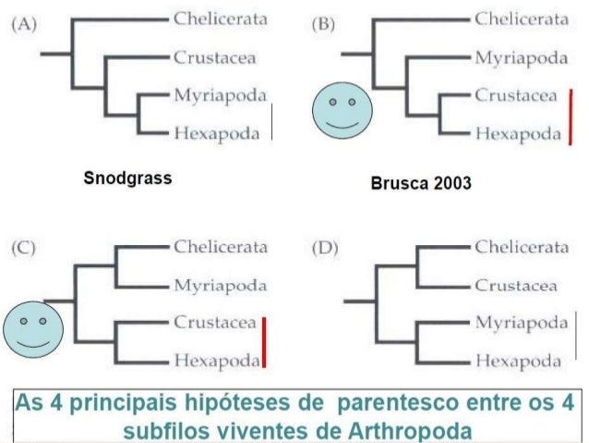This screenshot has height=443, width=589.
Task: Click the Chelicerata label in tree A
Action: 220,18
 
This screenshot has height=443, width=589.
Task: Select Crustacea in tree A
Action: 215,57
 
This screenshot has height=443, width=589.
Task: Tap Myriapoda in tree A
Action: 220,95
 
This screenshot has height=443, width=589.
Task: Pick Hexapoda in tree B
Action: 519,133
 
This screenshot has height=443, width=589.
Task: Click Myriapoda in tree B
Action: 522,57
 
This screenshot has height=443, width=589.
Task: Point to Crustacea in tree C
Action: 215,323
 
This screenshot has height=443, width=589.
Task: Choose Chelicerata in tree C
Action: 220,247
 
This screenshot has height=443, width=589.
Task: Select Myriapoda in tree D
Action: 522,323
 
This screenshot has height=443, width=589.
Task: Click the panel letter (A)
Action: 25,24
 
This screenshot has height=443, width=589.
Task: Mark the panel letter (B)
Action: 324,24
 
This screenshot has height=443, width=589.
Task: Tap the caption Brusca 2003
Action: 420,183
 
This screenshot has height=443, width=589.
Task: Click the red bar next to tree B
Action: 571,116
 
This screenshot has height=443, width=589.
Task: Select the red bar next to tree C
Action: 263,342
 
